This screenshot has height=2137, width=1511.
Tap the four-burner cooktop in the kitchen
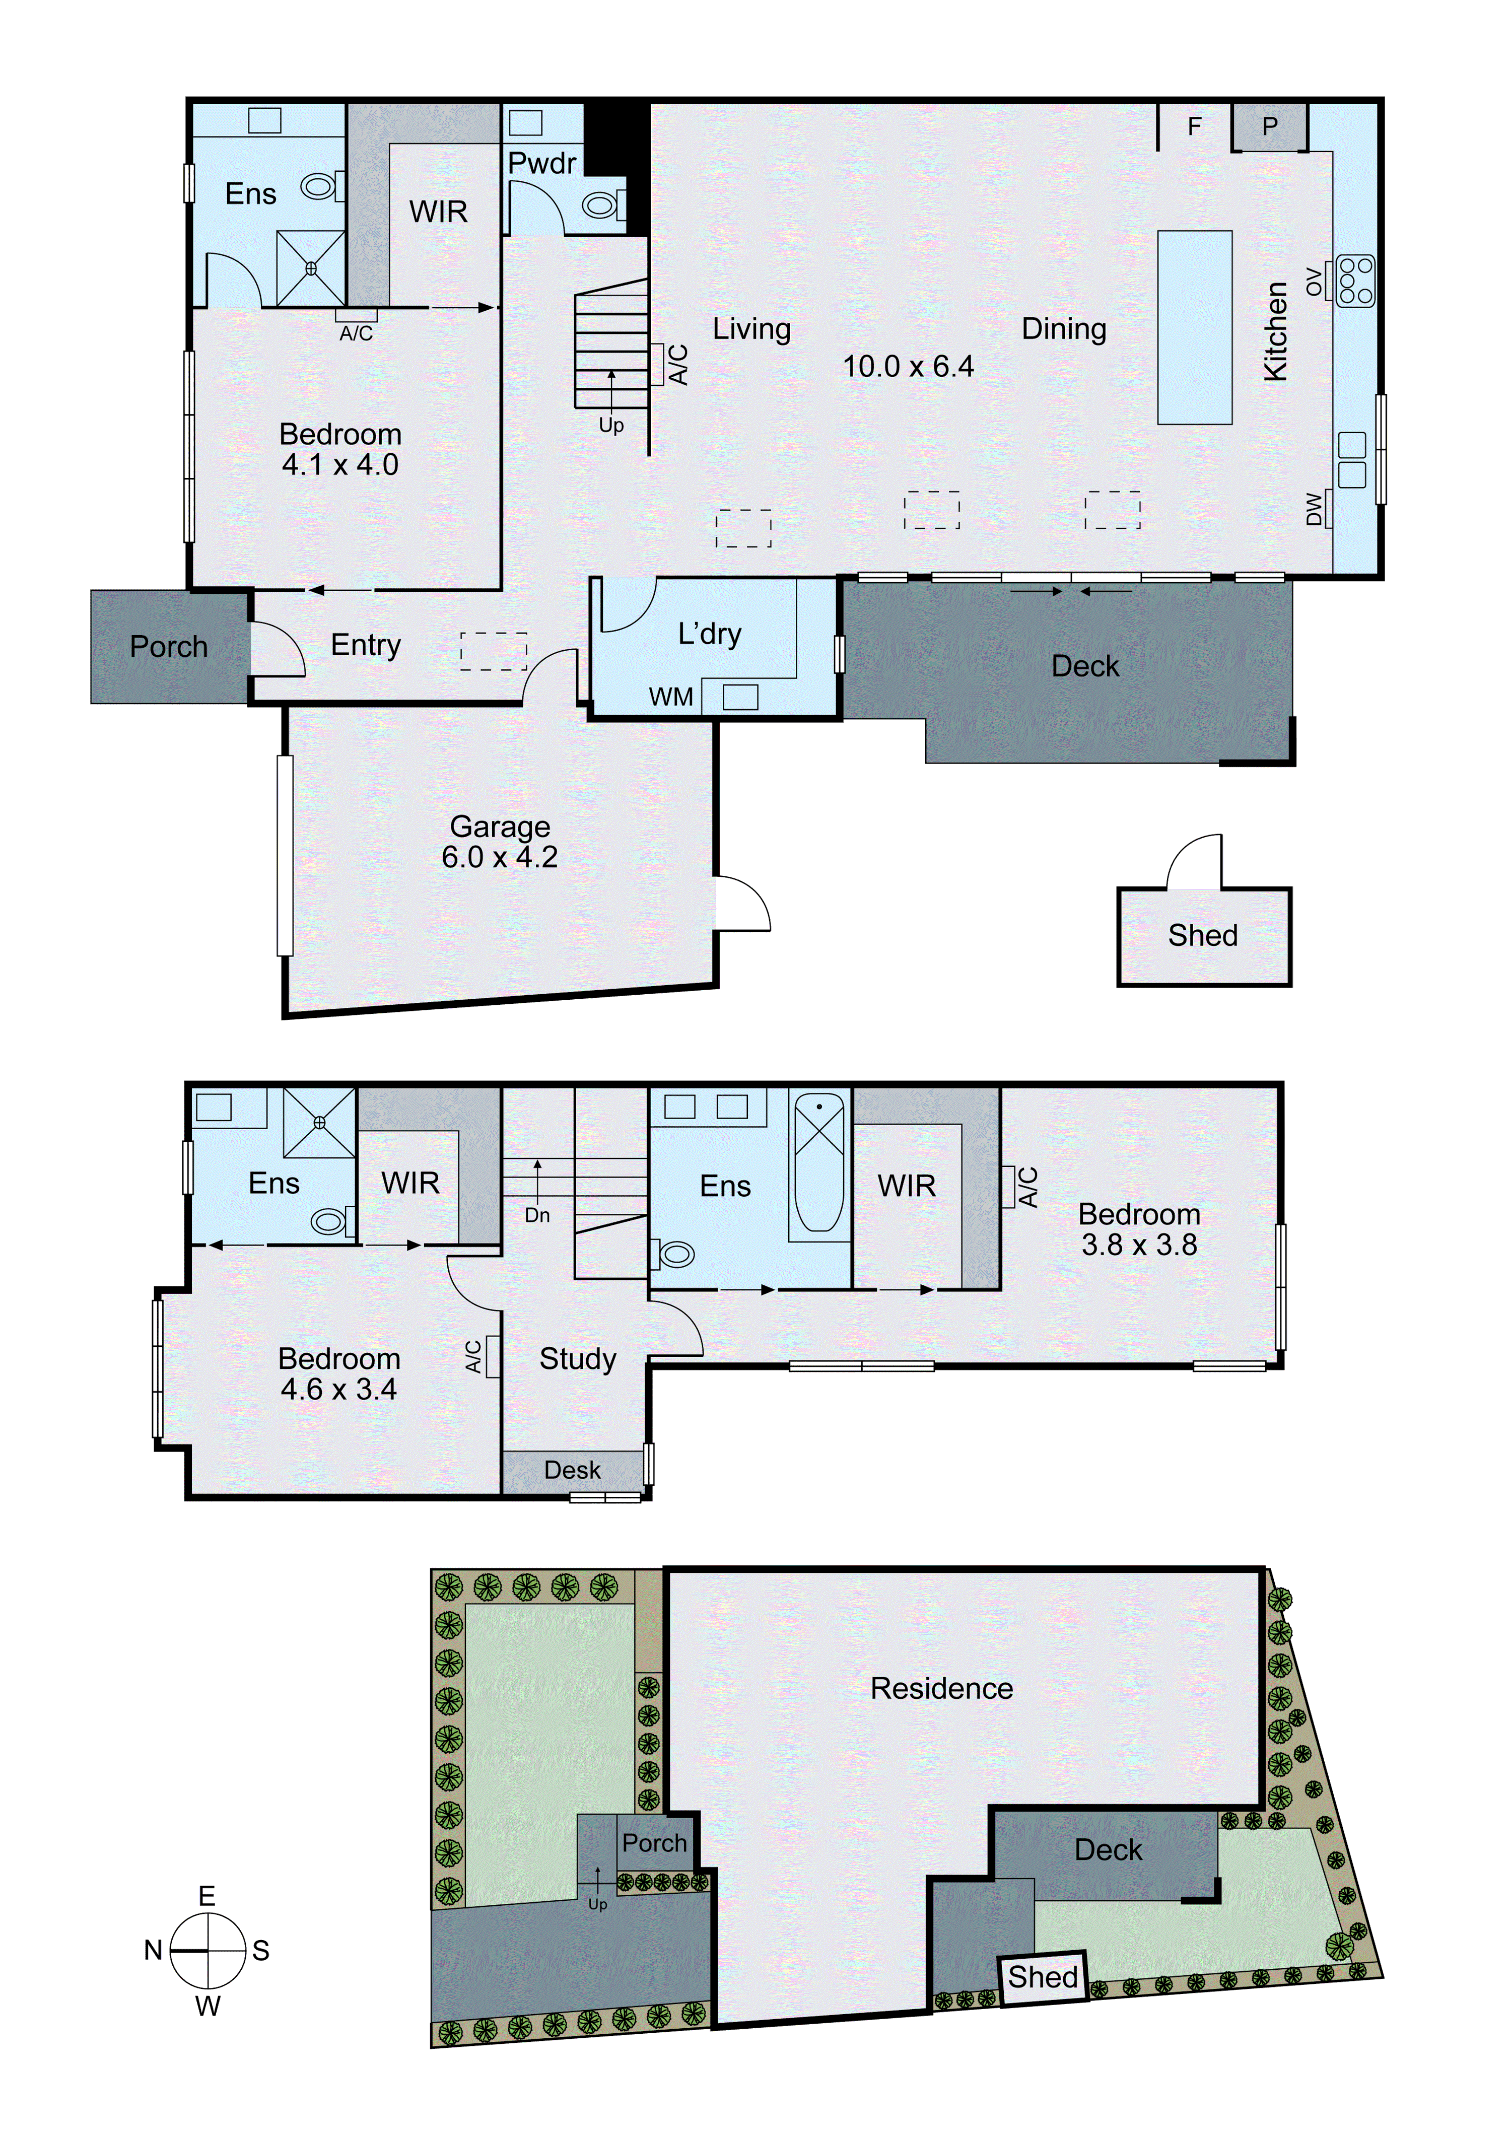click(x=1354, y=280)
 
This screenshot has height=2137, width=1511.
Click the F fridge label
click(x=1195, y=126)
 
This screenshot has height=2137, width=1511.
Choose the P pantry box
click(x=1270, y=126)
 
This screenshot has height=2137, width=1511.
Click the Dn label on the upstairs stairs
click(x=537, y=1215)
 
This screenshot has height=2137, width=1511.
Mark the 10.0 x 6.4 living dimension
click(x=908, y=367)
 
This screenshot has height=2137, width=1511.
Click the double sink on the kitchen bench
click(x=1352, y=460)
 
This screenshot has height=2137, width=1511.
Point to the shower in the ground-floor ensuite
click(x=311, y=268)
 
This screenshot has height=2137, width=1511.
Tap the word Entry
click(x=366, y=645)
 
